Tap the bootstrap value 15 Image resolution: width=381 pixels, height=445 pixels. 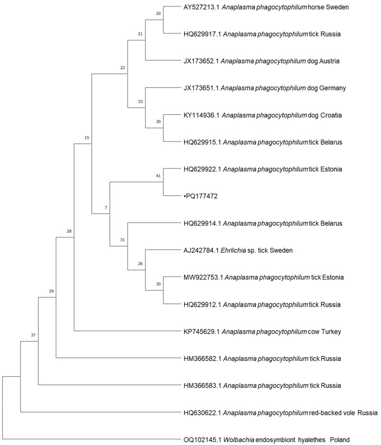pyautogui.click(x=87, y=138)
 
